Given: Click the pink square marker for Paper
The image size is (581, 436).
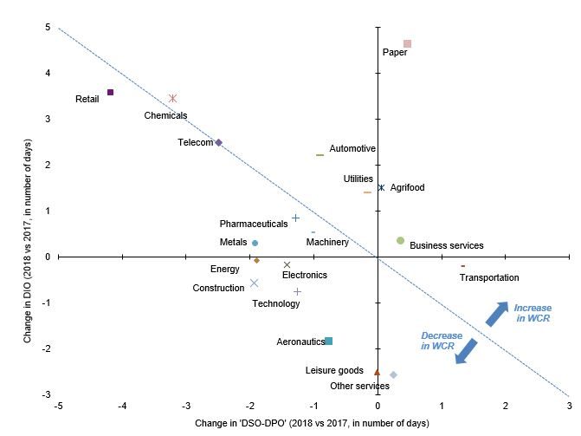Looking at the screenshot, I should [407, 43].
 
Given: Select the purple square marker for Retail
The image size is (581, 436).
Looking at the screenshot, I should [110, 92].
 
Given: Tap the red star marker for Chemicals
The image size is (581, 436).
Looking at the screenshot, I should [173, 99].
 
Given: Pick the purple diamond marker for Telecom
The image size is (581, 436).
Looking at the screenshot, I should [218, 142].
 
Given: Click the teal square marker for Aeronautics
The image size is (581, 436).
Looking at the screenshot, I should [328, 341].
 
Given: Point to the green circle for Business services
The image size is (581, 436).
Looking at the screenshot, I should [400, 240].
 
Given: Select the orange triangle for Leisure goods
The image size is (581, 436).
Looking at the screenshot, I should [377, 371].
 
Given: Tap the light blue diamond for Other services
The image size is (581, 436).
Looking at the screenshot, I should [393, 374].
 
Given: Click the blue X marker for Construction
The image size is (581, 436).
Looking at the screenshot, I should [254, 283].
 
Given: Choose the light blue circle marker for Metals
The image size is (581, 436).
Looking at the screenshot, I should [255, 243].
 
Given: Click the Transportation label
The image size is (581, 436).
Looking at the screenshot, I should [489, 277].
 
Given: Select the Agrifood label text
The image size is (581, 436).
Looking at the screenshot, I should [407, 187].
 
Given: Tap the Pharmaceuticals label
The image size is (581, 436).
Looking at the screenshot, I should [253, 224].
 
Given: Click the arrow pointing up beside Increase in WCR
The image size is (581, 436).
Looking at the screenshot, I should [497, 314].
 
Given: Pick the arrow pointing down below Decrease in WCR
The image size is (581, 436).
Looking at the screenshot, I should [467, 351].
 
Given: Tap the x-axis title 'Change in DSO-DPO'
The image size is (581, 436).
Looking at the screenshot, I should [313, 422].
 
